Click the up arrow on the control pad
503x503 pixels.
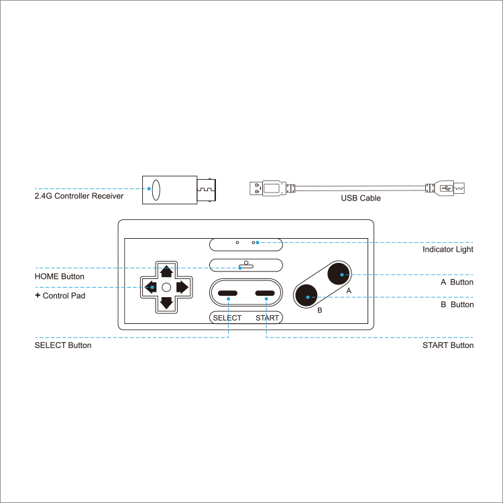(166, 272)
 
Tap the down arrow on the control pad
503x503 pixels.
(166, 302)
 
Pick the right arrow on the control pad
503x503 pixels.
(182, 287)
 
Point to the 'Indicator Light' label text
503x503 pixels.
(447, 249)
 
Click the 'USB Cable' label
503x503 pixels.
(361, 199)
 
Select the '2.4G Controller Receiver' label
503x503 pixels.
(79, 197)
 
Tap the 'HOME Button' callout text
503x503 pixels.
(59, 276)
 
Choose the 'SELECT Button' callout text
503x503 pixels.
(63, 345)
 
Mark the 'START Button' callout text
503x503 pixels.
(447, 345)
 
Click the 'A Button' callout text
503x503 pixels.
(457, 282)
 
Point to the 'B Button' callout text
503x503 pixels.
(457, 304)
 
